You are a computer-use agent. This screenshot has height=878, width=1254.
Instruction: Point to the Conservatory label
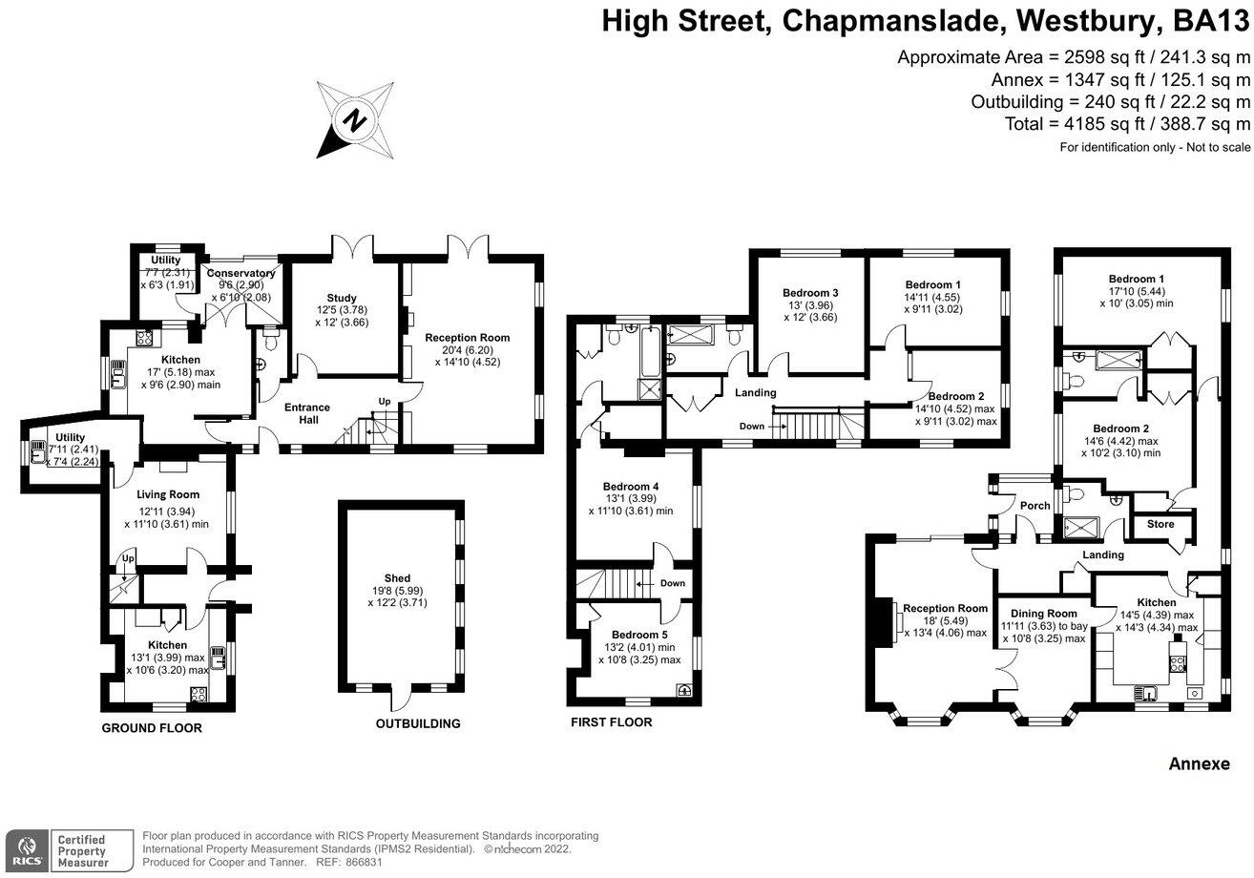(241, 273)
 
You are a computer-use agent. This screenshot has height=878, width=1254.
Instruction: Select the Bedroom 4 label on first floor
(631, 486)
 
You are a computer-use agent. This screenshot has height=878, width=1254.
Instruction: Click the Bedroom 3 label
(810, 293)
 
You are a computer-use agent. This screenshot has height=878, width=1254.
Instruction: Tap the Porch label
(1035, 506)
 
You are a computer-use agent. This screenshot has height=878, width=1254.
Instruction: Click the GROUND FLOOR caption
(152, 728)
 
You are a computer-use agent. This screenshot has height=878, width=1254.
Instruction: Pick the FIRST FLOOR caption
(611, 722)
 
